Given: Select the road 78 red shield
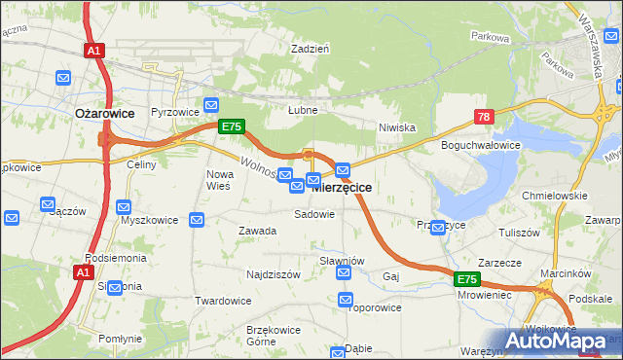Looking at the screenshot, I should [484, 117].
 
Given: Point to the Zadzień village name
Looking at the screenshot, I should [311, 48].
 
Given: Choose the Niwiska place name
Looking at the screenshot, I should [397, 127].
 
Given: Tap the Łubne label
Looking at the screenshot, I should [303, 111].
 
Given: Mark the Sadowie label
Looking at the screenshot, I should [314, 214].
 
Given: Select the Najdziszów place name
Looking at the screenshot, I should [273, 275].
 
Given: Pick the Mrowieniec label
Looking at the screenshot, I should [484, 294].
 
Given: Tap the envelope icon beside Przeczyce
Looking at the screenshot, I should [438, 228].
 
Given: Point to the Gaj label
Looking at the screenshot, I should [391, 276].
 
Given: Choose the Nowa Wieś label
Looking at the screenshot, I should [217, 179].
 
